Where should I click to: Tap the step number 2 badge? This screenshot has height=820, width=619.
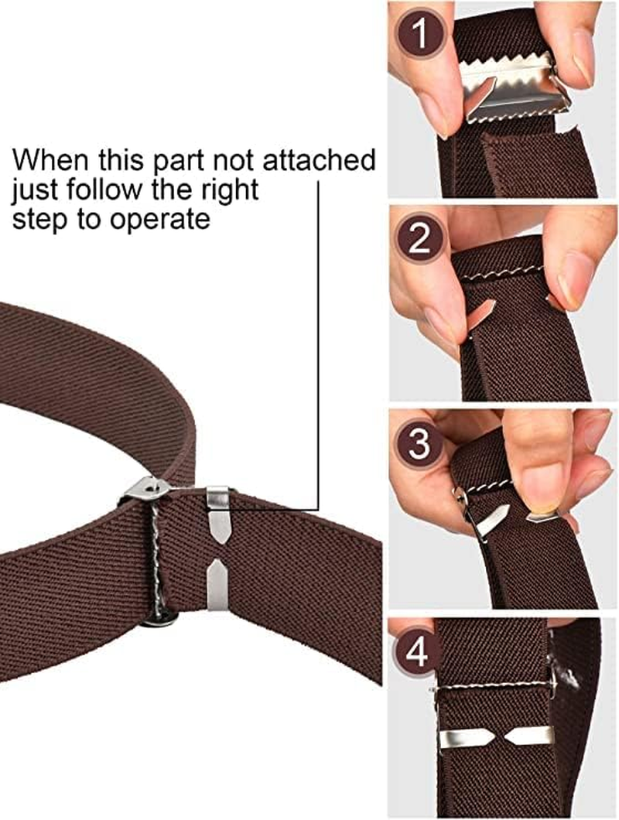click(x=419, y=241)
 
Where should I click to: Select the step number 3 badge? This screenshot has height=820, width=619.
click(x=419, y=446)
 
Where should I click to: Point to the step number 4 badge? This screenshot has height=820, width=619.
click(x=418, y=654)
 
